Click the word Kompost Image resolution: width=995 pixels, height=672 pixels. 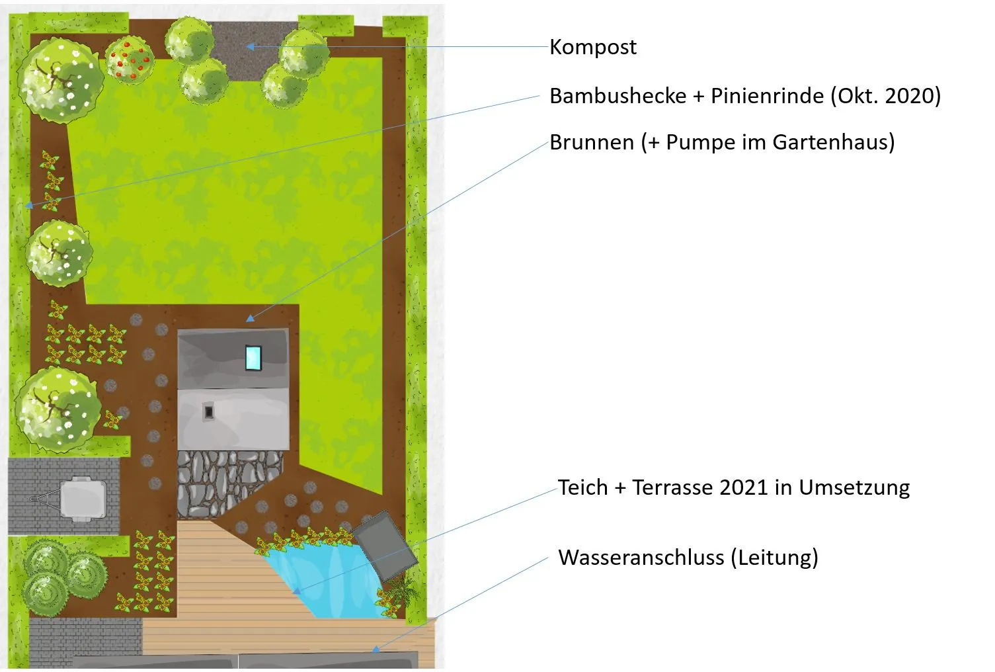(x=593, y=47)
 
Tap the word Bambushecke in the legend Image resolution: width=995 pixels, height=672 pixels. (x=618, y=96)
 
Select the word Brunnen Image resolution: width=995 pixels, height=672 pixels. (x=592, y=143)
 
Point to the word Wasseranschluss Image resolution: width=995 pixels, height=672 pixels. (x=641, y=558)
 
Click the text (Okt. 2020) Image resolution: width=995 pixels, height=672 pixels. (x=886, y=96)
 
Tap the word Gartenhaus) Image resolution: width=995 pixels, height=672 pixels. (x=833, y=143)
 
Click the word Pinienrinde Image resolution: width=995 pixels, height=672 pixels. (x=767, y=96)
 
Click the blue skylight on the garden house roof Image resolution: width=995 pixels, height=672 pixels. (x=253, y=358)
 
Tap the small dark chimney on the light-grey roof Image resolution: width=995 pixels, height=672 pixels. (x=208, y=412)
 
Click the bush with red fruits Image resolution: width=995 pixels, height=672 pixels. (x=130, y=60)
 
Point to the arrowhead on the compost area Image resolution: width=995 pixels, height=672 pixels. (x=250, y=46)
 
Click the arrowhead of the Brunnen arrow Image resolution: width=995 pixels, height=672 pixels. (x=251, y=318)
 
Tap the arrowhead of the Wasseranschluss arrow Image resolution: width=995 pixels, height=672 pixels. (x=376, y=649)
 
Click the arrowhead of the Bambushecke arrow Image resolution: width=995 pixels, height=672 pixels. (x=29, y=205)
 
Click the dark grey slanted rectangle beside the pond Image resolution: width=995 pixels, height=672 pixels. (x=385, y=546)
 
